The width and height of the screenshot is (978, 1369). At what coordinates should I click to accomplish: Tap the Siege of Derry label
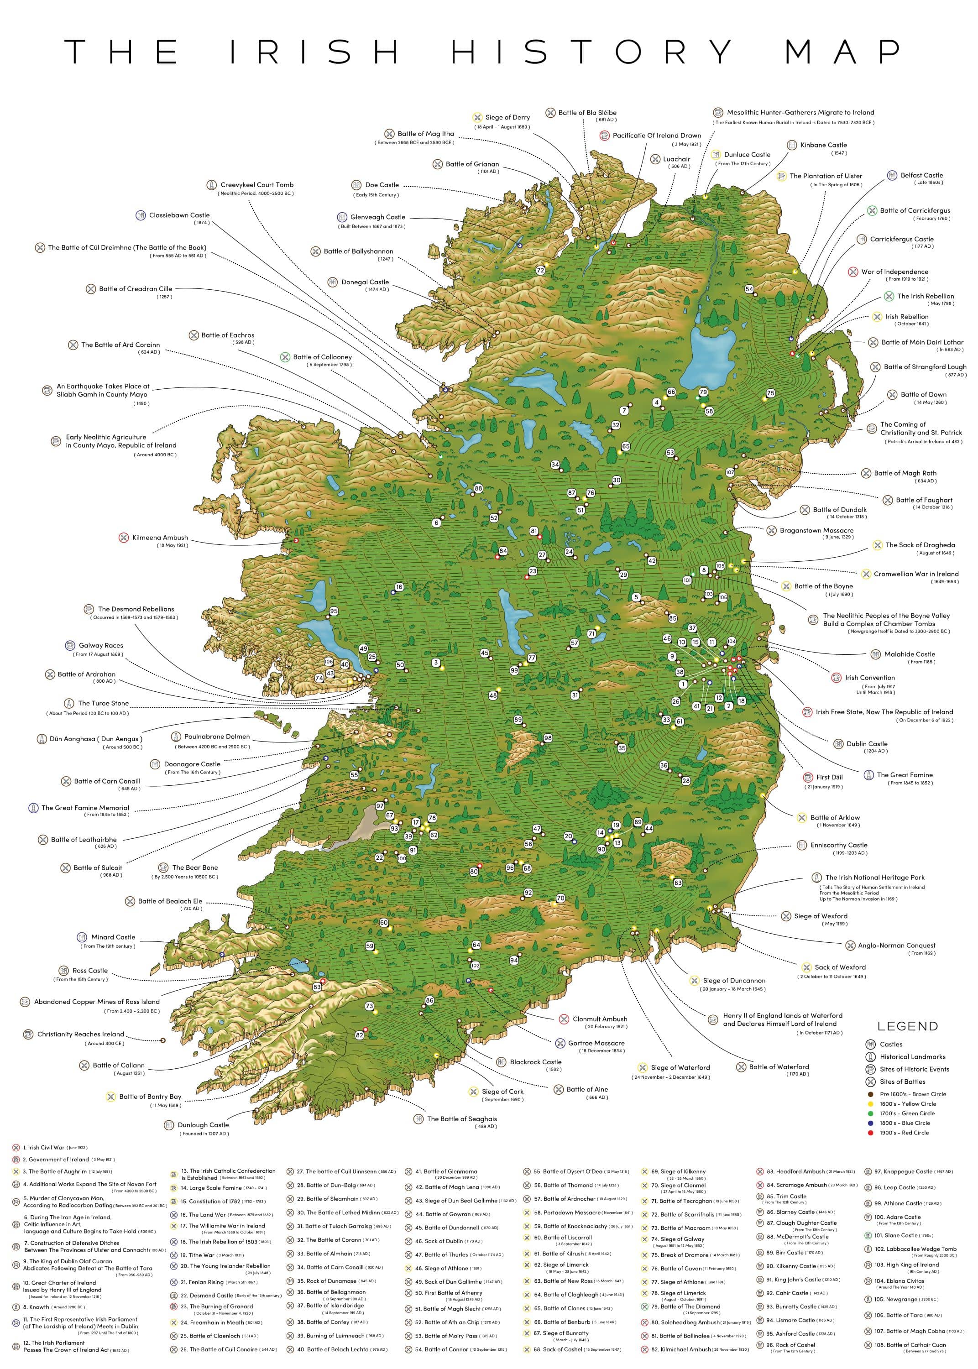(x=507, y=117)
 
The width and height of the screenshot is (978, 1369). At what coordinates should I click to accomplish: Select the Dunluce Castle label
(x=747, y=155)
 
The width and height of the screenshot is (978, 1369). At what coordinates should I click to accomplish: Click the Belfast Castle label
(x=921, y=175)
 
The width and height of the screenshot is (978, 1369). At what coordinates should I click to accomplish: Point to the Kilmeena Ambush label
(x=160, y=538)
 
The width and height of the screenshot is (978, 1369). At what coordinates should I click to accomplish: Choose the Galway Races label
(x=100, y=645)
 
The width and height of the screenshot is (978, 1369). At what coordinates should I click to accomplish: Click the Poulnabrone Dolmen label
(x=217, y=736)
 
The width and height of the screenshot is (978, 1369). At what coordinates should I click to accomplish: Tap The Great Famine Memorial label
(x=85, y=808)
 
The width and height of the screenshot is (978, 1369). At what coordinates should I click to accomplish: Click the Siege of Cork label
(x=502, y=1092)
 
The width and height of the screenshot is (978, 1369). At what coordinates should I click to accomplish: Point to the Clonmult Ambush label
(x=599, y=1019)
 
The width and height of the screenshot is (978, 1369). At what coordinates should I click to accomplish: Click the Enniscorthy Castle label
(x=838, y=845)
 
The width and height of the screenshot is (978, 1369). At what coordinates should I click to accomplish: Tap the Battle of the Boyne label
(x=823, y=586)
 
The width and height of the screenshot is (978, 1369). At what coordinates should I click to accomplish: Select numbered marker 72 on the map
(x=540, y=270)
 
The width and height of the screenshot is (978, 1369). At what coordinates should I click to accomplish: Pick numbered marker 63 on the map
(x=678, y=883)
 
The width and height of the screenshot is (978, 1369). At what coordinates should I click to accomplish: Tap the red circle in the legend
(x=870, y=1133)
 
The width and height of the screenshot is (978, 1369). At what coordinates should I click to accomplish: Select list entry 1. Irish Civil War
(x=46, y=1148)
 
